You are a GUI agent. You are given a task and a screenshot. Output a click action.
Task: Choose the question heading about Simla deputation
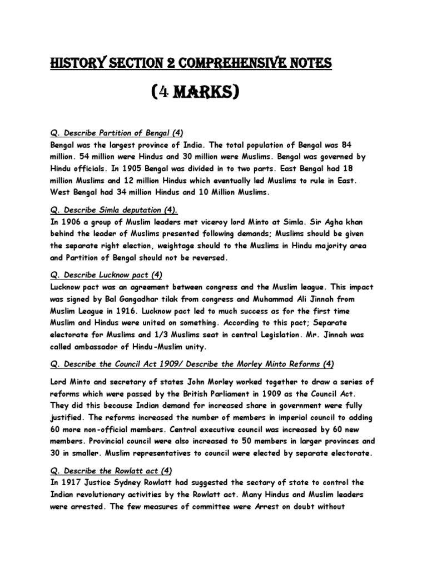pyautogui.click(x=113, y=209)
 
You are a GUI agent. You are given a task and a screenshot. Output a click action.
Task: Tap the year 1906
pyautogui.click(x=68, y=221)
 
